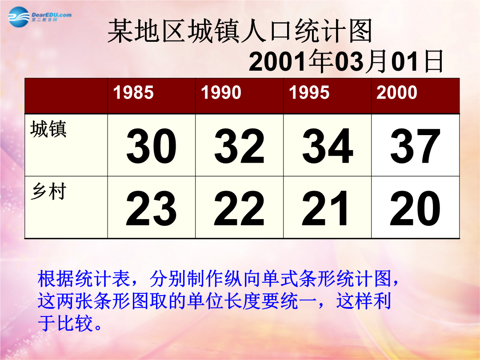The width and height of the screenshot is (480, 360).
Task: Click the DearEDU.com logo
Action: [40, 16]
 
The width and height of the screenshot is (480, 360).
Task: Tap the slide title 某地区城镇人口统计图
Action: [240, 31]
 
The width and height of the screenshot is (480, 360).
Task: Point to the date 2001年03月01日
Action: [346, 62]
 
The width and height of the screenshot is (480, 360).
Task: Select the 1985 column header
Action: [133, 92]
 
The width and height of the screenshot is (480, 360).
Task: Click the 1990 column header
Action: [221, 92]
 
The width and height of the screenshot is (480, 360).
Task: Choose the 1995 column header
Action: [309, 92]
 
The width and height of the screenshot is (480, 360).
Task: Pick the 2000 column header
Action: [397, 92]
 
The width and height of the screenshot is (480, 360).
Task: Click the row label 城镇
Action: [48, 129]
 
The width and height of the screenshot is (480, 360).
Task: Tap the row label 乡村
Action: [48, 192]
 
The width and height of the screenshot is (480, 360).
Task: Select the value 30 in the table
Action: [151, 146]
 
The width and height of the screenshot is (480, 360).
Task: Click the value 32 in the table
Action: [239, 146]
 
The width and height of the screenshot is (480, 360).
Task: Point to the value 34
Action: [327, 146]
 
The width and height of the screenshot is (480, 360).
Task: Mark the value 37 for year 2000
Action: [415, 146]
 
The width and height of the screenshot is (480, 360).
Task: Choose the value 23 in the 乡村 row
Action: [151, 208]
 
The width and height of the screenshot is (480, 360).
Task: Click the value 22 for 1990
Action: [239, 208]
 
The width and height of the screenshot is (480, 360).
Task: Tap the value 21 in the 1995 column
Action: [325, 208]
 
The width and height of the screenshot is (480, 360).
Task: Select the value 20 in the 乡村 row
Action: [415, 208]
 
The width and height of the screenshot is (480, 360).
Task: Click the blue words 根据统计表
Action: [84, 279]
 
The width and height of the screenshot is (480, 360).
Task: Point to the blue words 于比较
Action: [65, 323]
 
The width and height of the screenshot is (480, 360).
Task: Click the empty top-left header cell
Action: [66, 96]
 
